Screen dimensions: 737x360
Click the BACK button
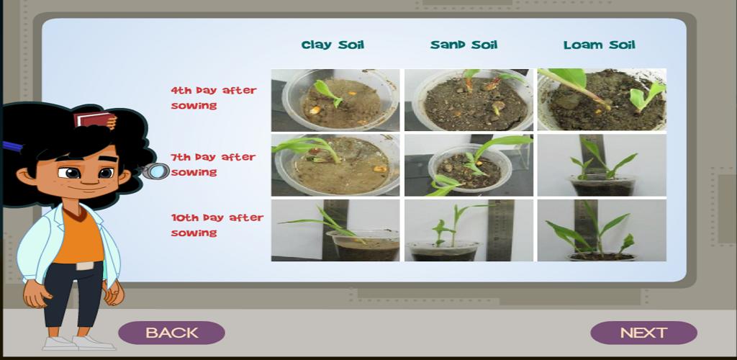[x=171, y=333]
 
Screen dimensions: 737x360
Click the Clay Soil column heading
[x=333, y=45]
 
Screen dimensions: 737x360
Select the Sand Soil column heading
[x=464, y=45]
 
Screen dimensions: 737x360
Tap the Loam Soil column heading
[x=600, y=45]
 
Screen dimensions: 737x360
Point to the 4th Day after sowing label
[x=213, y=98]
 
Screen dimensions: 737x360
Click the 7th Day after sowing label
[x=213, y=164]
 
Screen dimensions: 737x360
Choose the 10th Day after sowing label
[x=217, y=225]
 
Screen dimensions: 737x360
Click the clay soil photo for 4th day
[x=335, y=100]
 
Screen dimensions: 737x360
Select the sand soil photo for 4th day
[x=469, y=100]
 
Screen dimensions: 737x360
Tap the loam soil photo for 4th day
[x=602, y=100]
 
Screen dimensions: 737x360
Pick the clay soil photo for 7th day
[x=335, y=166]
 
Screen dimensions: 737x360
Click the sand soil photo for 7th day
[x=469, y=166]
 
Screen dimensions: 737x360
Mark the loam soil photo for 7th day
[x=602, y=166]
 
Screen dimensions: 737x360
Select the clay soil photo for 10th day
[x=335, y=230]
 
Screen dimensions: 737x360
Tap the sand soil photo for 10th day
[x=469, y=230]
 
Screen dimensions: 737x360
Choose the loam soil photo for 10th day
[x=602, y=230]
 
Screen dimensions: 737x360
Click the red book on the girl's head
[x=94, y=120]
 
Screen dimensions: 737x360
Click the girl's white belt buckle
[x=85, y=266]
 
